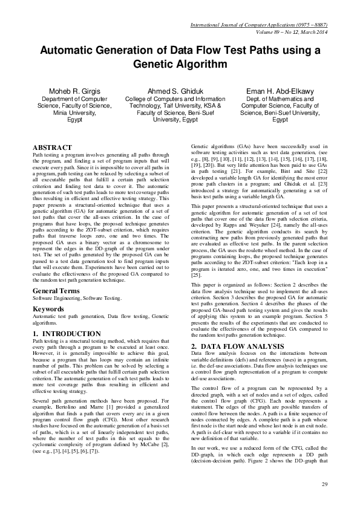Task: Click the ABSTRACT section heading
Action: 53,147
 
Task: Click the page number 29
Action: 324,484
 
